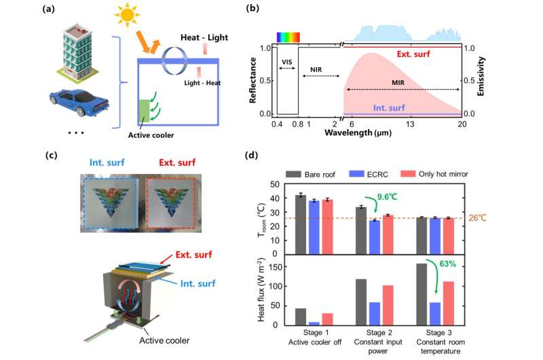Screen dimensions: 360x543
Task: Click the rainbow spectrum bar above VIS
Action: point(287,37)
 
